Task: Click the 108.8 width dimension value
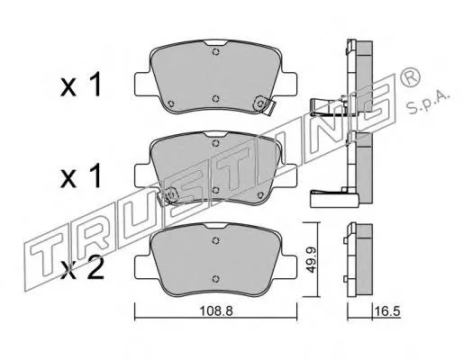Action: coord(216,311)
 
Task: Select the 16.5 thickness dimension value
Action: coord(387,311)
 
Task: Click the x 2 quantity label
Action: coord(82,268)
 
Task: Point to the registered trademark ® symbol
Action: coord(410,78)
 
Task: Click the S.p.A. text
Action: coord(428,101)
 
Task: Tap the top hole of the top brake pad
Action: coord(215,52)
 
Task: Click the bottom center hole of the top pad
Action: coord(215,99)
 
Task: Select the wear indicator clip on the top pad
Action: coord(265,104)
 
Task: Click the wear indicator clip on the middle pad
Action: coord(168,196)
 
